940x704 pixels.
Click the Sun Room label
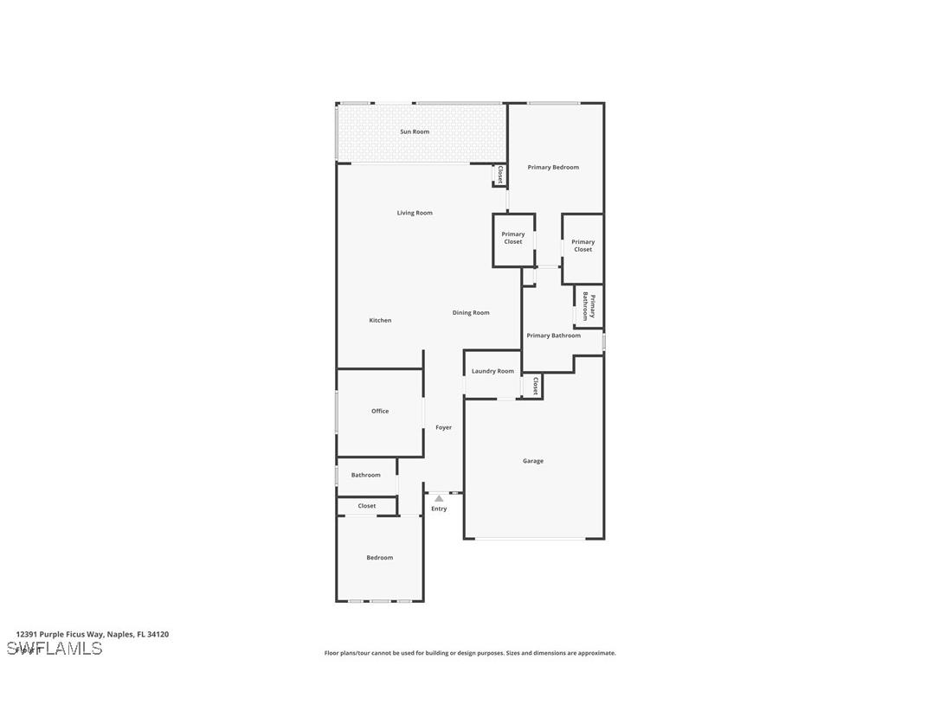tap(415, 131)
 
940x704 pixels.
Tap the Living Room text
tap(415, 213)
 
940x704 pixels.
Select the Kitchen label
tap(380, 320)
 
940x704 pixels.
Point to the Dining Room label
tap(471, 312)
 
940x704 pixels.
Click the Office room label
tap(380, 411)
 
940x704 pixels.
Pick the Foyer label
tap(443, 427)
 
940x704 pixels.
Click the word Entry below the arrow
tap(439, 509)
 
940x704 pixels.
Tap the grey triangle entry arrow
tap(439, 498)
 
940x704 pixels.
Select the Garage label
tap(533, 461)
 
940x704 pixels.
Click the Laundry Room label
tap(493, 371)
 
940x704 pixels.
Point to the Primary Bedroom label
tap(553, 167)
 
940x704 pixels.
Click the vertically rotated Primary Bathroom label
tap(589, 306)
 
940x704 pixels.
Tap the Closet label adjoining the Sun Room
tap(499, 175)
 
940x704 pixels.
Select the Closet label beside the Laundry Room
tap(535, 386)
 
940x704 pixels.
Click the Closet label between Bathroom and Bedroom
tap(367, 506)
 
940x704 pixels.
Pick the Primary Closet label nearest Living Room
tap(513, 238)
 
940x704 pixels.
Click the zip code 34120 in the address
tap(158, 634)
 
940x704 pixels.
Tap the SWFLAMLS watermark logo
tap(55, 649)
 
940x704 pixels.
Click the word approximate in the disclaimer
tap(597, 653)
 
